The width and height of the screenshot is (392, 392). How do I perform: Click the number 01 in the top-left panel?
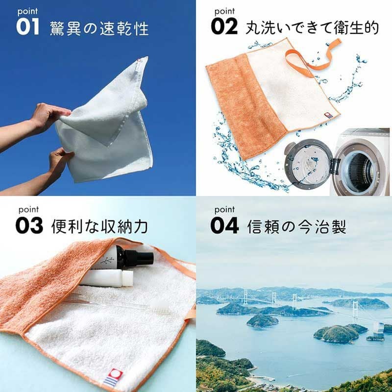click(27, 27)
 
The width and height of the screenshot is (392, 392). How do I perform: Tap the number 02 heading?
click(224, 26)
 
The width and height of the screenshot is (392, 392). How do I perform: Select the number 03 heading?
click(29, 226)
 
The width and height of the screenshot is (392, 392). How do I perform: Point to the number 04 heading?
click(224, 225)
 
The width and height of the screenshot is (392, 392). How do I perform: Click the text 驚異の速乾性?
click(99, 28)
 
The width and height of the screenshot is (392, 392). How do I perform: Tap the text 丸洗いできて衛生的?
click(312, 27)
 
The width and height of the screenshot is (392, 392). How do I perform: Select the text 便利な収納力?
click(99, 226)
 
